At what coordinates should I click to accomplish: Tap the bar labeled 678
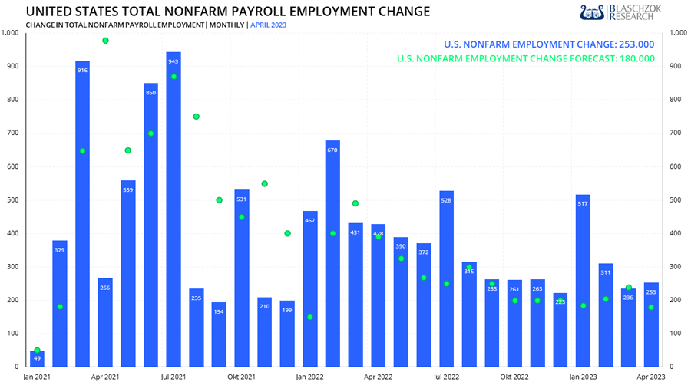[x=332, y=253]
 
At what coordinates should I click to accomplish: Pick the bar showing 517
[x=583, y=280]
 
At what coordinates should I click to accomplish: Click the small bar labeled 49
[x=37, y=358]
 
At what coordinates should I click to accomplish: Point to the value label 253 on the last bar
[x=651, y=292]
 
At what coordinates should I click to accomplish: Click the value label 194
[x=219, y=311]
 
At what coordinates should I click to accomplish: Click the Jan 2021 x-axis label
[x=37, y=377]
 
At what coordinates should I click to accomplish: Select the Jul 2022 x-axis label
[x=446, y=377]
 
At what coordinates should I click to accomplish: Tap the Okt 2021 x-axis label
[x=242, y=377]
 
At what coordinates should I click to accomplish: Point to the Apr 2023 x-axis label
[x=651, y=377]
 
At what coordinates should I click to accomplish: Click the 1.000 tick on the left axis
[x=10, y=32]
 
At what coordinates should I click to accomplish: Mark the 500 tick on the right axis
[x=676, y=200]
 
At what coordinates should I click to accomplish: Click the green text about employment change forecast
[x=525, y=58]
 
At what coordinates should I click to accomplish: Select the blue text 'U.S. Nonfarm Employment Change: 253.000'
[x=549, y=44]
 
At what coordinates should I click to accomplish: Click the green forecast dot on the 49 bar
[x=37, y=351]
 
